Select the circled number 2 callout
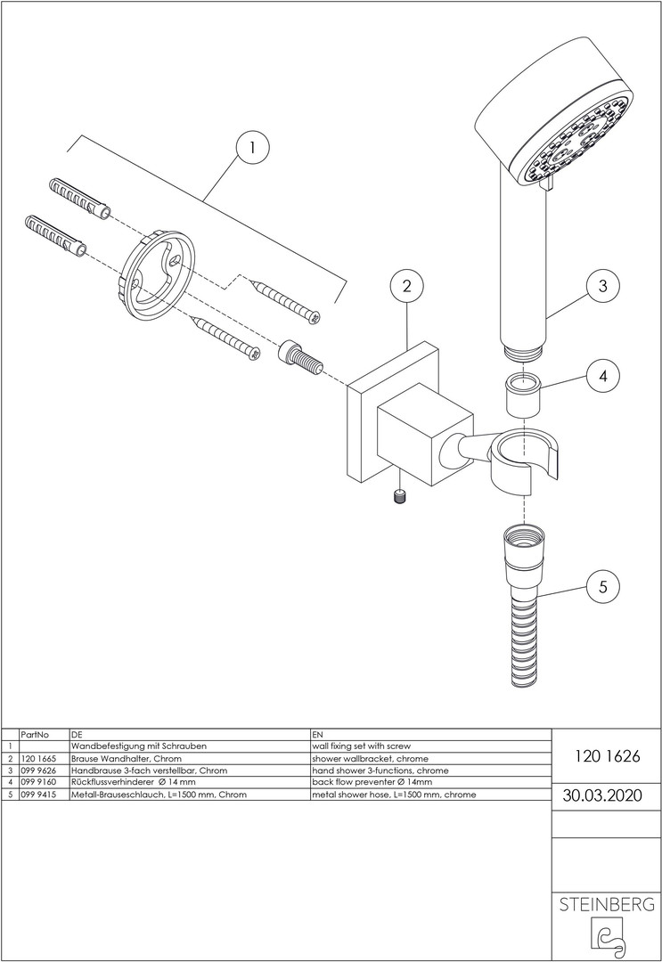[x=406, y=286]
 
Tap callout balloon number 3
[x=602, y=286]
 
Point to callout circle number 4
[x=602, y=376]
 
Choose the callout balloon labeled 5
[x=602, y=586]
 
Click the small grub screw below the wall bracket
[x=401, y=496]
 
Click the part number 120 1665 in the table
[x=38, y=758]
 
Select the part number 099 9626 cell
[x=38, y=770]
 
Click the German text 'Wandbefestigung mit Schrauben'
[x=138, y=746]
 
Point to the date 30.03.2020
[x=606, y=795]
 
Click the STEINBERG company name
[x=606, y=905]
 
